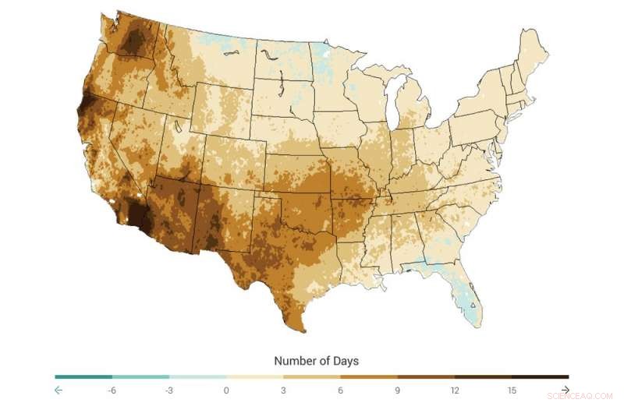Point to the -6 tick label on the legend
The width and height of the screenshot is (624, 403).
coord(112,390)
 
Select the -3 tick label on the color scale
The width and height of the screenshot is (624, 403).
coord(168,390)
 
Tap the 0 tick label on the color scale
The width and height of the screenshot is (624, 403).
coord(226,390)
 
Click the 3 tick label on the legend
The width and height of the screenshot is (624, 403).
coord(283,390)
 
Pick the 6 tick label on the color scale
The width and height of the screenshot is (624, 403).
coord(340,390)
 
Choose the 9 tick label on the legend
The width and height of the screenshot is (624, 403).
coord(397,390)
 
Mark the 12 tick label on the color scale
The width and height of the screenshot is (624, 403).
coord(455,390)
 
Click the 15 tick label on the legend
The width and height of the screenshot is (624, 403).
coord(512,390)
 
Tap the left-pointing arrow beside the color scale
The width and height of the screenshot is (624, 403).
coord(58,390)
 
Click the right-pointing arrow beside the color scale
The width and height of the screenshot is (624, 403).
coord(565,390)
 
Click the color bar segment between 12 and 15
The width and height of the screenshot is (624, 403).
coord(483,377)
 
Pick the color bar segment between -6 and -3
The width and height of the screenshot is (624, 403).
coord(140,377)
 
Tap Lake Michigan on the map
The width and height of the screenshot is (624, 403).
coord(395,101)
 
